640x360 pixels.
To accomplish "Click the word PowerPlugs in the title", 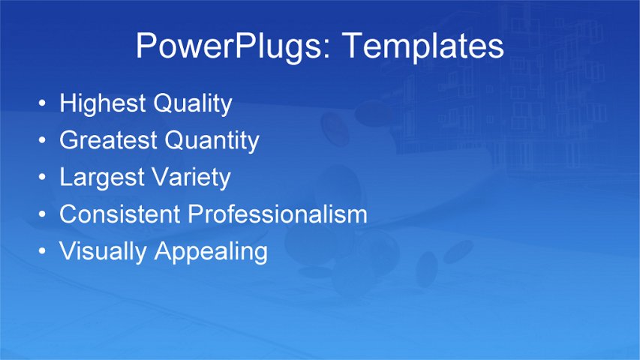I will tap(234, 46).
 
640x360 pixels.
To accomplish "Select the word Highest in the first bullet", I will tap(103, 103).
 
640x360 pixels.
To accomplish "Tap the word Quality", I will tap(193, 103).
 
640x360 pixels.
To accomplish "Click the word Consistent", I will tap(120, 214).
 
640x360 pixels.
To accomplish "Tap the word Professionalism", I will tap(278, 214).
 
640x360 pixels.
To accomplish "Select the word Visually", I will tap(104, 251).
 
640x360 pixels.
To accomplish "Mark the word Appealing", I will tap(211, 251).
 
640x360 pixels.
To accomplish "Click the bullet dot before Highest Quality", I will tap(43, 103).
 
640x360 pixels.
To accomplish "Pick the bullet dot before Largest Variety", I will tap(43, 178).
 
